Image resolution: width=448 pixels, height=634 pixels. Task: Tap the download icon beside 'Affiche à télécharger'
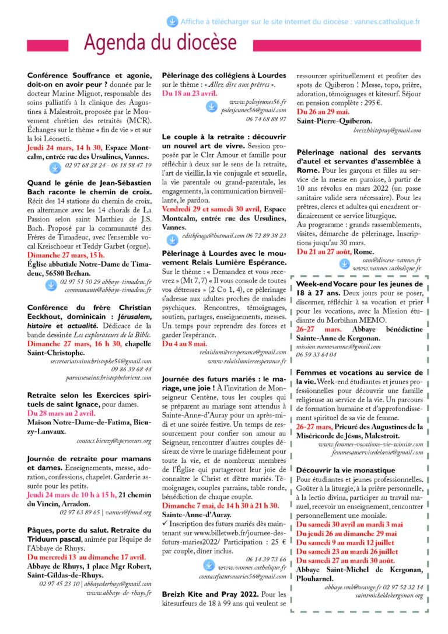173,22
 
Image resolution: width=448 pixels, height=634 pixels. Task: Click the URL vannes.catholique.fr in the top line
386,22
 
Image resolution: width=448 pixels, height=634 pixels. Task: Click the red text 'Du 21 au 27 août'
325,251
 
